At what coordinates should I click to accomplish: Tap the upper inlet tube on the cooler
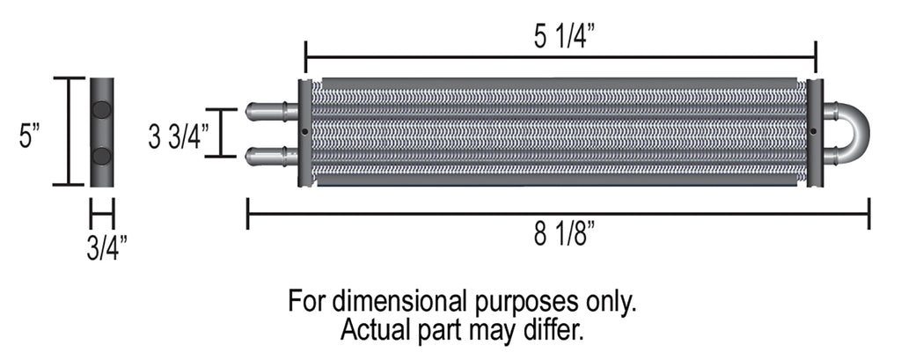[x=271, y=112]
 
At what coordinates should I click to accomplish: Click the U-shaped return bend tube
[x=853, y=133]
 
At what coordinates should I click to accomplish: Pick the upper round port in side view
[x=102, y=110]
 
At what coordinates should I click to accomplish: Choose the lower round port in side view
[x=102, y=157]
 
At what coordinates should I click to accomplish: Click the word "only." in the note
[x=607, y=302]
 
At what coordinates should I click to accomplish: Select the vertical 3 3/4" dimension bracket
[x=221, y=133]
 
